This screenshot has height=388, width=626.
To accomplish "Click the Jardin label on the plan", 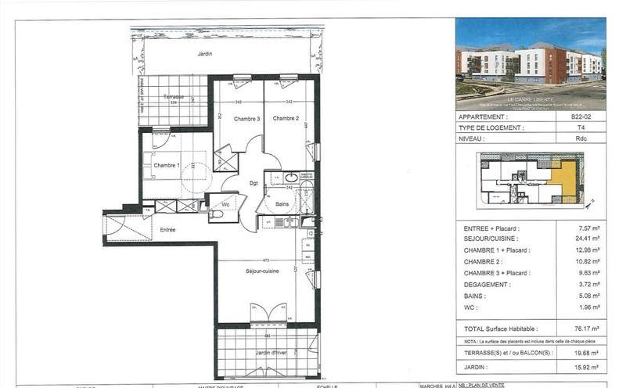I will point(205,54).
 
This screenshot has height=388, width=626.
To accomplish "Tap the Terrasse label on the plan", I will point(173,96).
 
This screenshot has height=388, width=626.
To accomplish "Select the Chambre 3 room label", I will point(246,119).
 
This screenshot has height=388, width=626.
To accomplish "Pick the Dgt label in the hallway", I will point(254,183).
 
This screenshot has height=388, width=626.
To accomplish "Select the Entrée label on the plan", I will point(167,230).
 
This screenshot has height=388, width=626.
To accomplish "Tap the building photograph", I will point(530,62).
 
